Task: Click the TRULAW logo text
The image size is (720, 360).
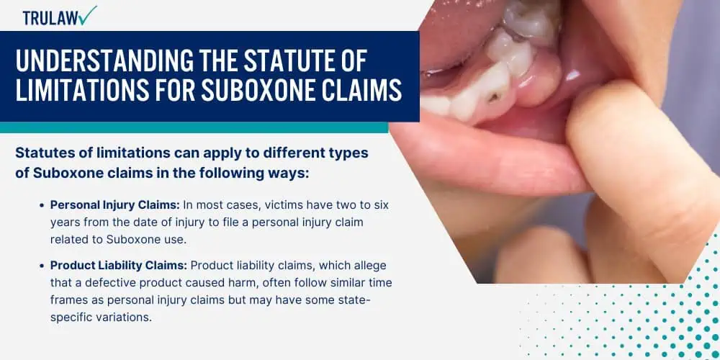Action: [x=50, y=17]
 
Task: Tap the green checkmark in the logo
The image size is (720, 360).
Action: [x=88, y=15]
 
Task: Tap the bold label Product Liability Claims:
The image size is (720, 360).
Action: [x=119, y=266]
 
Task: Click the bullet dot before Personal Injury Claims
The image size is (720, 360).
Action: [x=42, y=206]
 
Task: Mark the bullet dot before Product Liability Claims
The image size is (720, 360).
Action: [x=42, y=266]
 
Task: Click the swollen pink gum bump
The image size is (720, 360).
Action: [x=536, y=83]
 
